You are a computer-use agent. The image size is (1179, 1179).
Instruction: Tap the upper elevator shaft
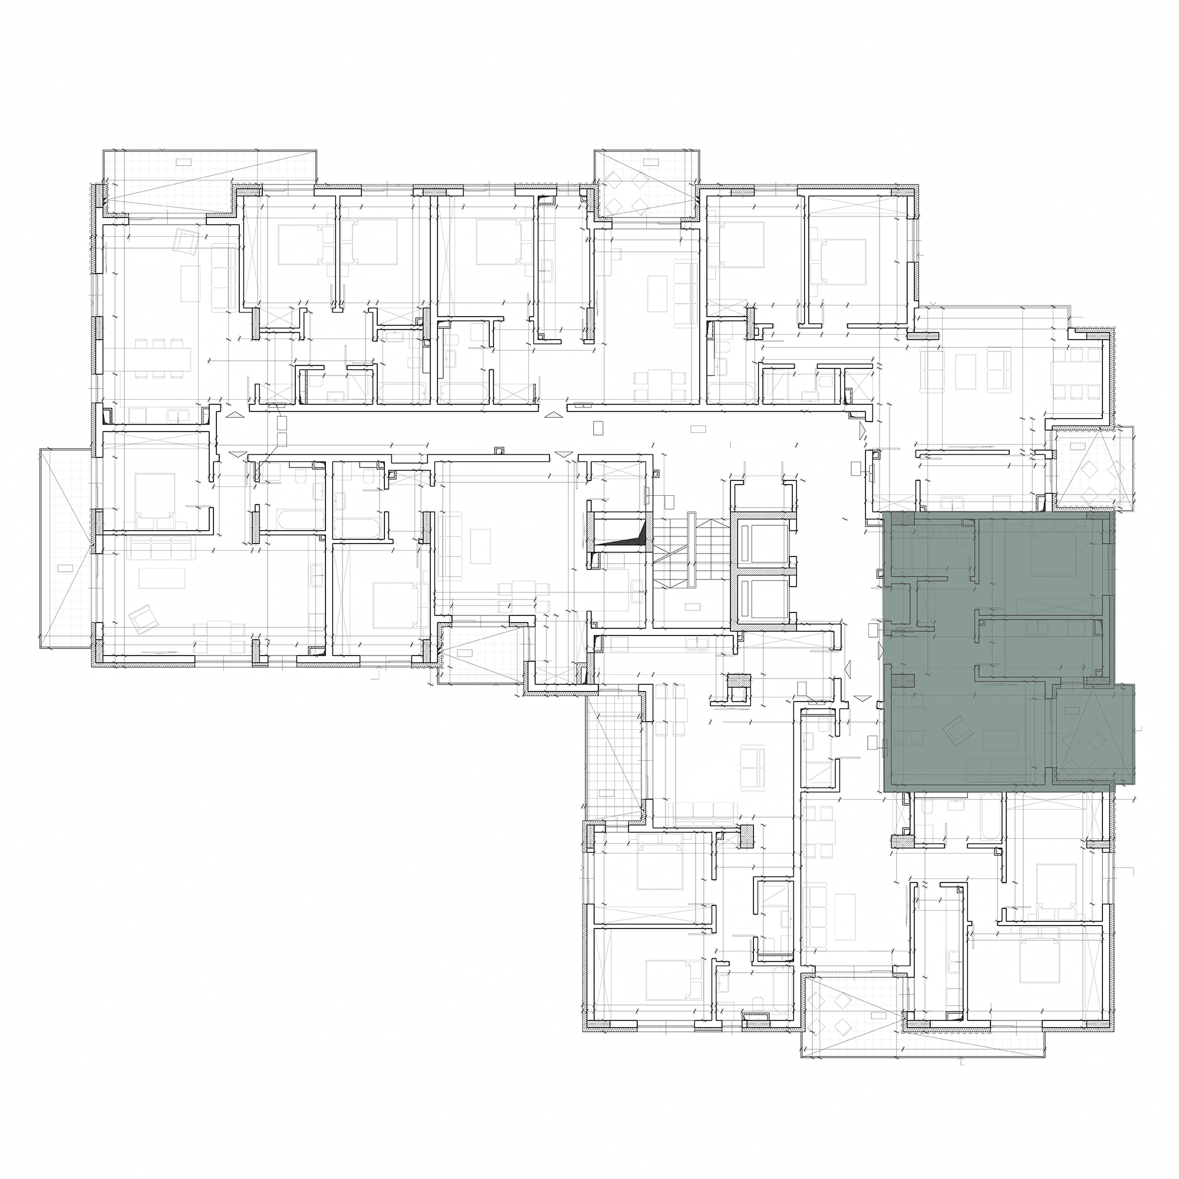coord(763,539)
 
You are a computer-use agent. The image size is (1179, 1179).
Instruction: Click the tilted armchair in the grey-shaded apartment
coord(955,730)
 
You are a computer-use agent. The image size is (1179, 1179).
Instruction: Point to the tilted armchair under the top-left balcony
coord(184,239)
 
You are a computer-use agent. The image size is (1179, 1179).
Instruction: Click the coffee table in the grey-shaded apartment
coord(1001,739)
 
